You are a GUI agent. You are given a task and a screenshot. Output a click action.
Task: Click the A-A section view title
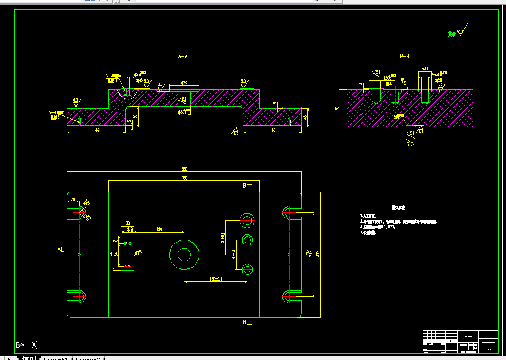(183, 56)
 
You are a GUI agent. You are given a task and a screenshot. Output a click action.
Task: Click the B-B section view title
(404, 56)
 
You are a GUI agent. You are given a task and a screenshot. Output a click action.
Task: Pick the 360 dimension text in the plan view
(184, 178)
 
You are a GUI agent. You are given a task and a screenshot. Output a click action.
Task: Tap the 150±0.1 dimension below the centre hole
(215, 278)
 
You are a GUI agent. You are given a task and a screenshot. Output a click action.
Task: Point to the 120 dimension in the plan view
(159, 228)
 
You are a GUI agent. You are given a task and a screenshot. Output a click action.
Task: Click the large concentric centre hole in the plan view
(184, 255)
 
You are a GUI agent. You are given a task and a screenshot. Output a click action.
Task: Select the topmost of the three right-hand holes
(247, 220)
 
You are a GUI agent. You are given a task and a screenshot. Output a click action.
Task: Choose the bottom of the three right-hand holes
(247, 269)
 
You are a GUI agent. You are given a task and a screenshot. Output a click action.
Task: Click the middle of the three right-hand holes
(247, 240)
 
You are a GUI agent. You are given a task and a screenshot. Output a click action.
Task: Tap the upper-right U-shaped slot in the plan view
(290, 211)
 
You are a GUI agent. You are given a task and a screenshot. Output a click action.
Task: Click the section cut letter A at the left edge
(59, 248)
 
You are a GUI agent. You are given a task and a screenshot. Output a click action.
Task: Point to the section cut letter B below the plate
(245, 322)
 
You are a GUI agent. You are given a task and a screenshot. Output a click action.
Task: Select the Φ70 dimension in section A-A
(184, 83)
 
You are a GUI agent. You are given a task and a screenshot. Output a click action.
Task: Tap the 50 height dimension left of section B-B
(337, 108)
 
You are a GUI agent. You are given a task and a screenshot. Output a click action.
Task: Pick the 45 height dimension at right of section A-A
(306, 117)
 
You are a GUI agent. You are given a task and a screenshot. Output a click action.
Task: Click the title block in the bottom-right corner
(460, 342)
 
